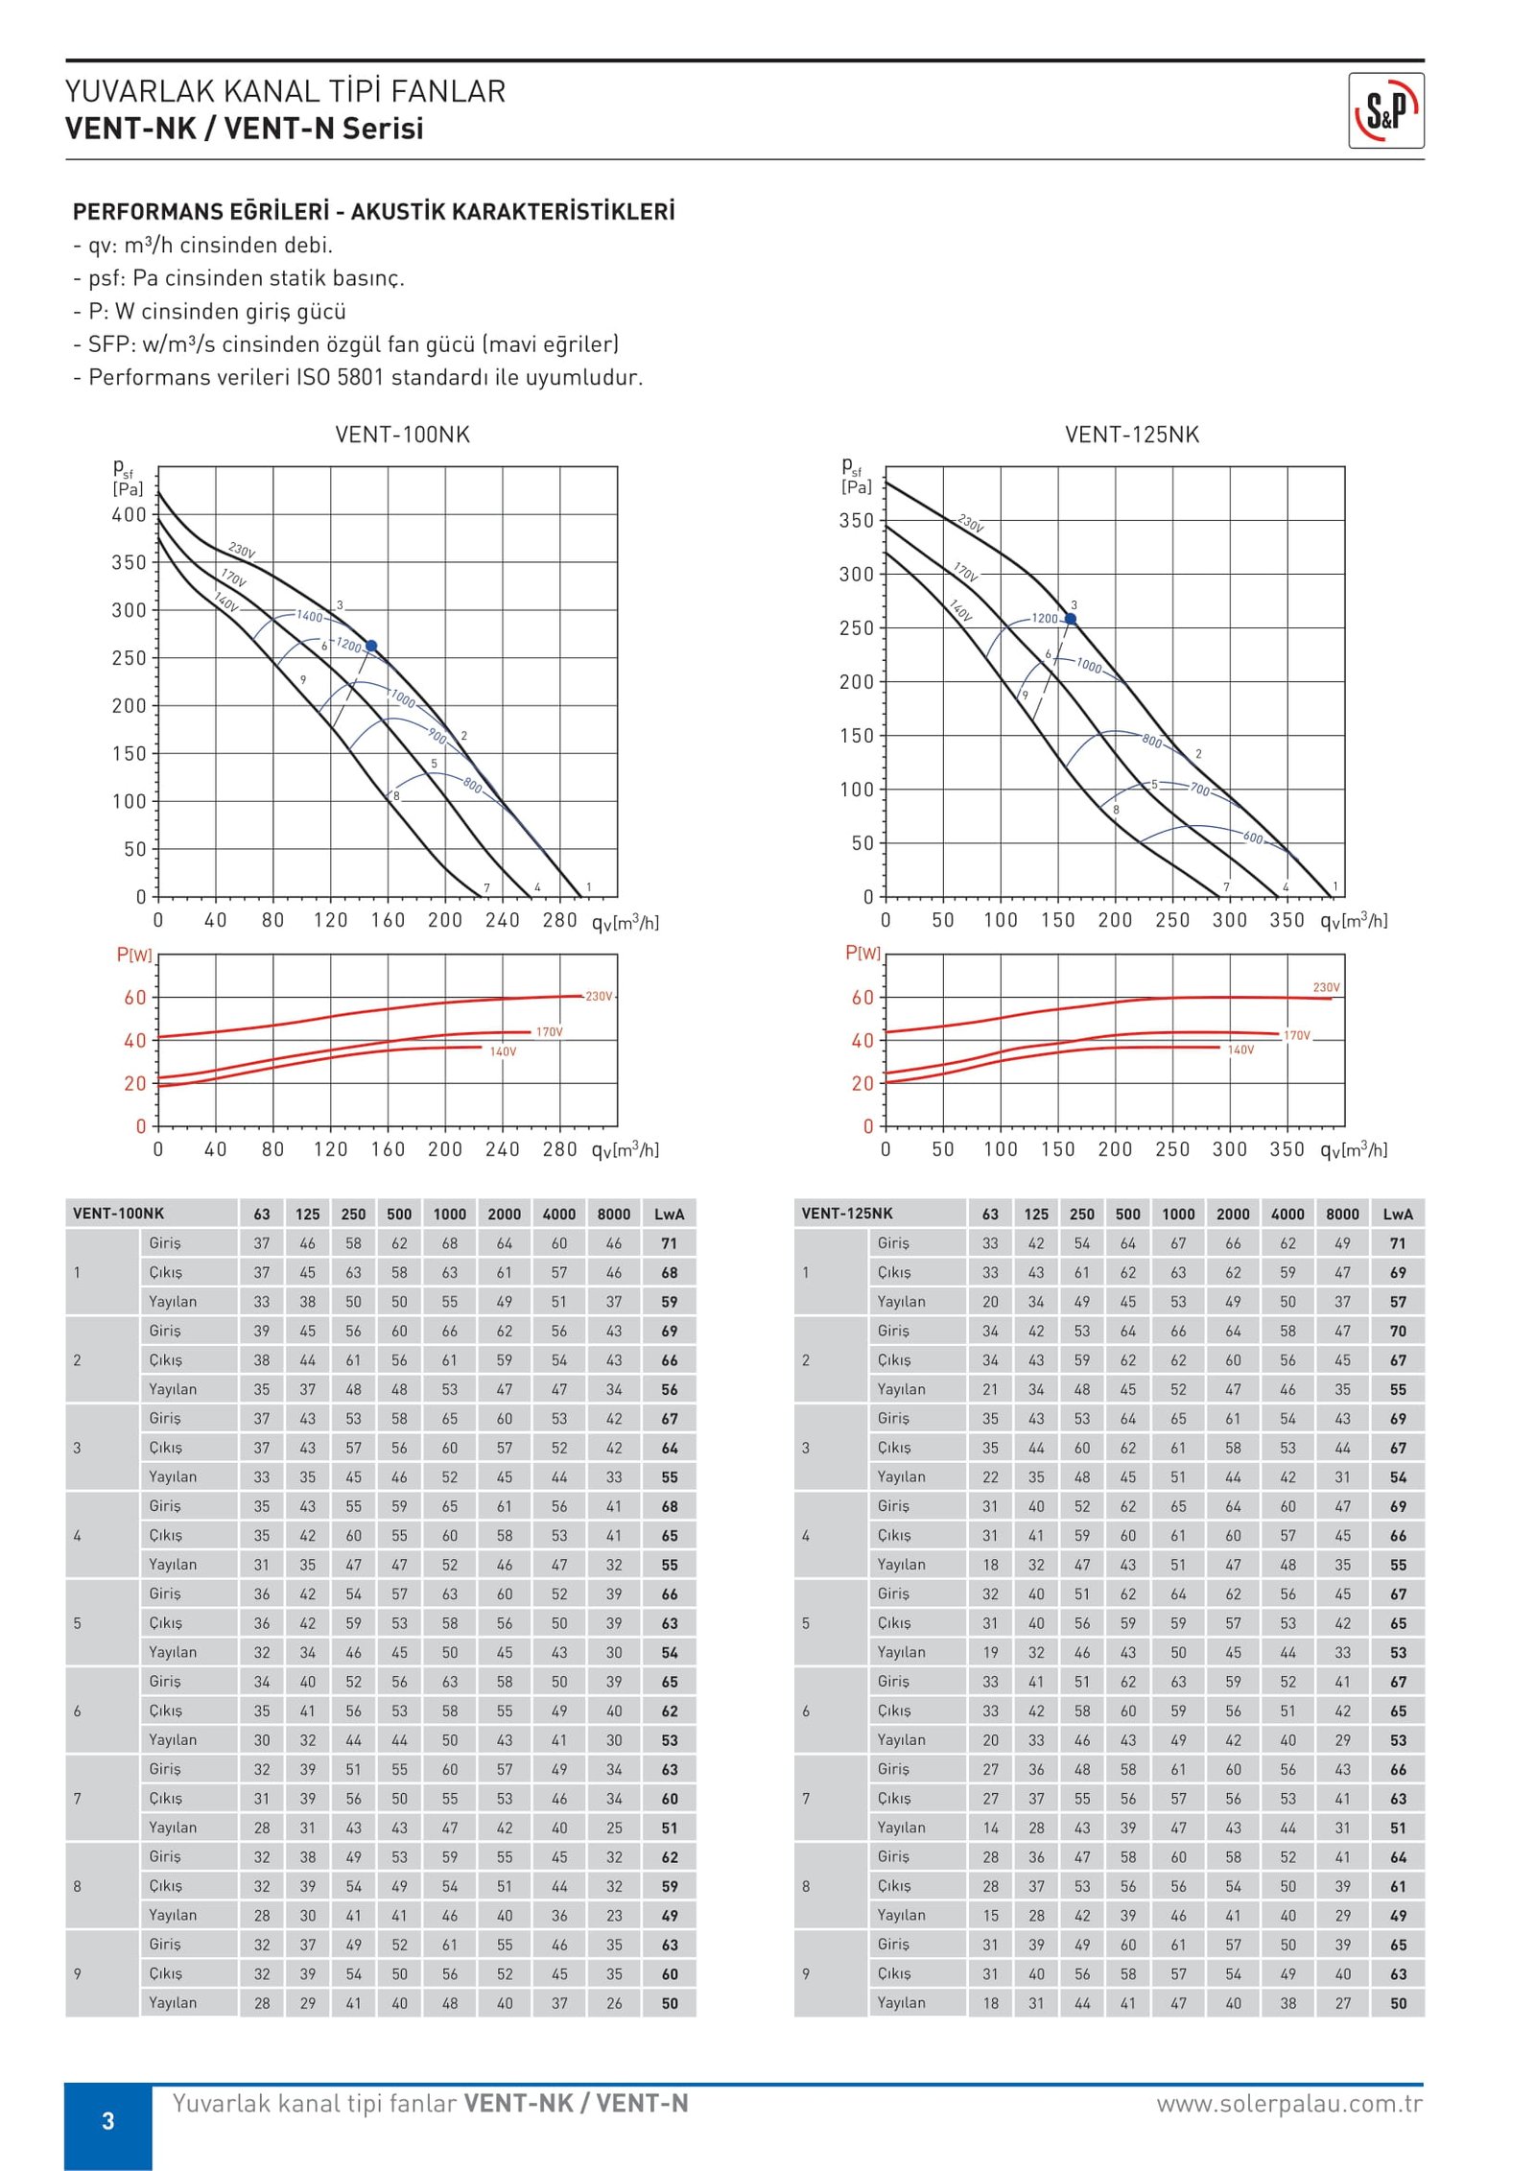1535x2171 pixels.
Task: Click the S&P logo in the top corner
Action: pos(1385,110)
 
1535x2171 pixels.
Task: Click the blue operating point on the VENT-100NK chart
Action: pos(371,646)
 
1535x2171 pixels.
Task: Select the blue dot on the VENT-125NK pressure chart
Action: pos(1071,619)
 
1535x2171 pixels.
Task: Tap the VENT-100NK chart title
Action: pos(402,435)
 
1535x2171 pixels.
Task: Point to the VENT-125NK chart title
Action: pos(1132,435)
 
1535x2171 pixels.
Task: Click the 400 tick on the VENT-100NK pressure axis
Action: pos(129,515)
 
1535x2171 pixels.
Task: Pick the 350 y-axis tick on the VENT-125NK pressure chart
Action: pos(857,521)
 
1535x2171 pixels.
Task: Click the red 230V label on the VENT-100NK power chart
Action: pos(599,997)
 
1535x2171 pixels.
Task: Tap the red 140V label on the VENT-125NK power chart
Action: pos(1240,1050)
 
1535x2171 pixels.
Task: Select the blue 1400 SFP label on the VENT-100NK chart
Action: pos(310,616)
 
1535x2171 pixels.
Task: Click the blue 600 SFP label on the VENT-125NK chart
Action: pos(1253,838)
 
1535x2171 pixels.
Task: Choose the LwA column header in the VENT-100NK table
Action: pos(669,1214)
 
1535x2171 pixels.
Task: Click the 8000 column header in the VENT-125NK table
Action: pos(1342,1214)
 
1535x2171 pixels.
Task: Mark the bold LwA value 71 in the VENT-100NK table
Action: pos(669,1243)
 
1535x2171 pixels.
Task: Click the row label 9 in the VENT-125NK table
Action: pos(806,1974)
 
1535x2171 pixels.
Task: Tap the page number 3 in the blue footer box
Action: pos(108,2121)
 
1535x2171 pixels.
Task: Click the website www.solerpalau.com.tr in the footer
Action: pos(1289,2104)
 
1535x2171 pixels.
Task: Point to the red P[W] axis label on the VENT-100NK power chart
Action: pos(134,955)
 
